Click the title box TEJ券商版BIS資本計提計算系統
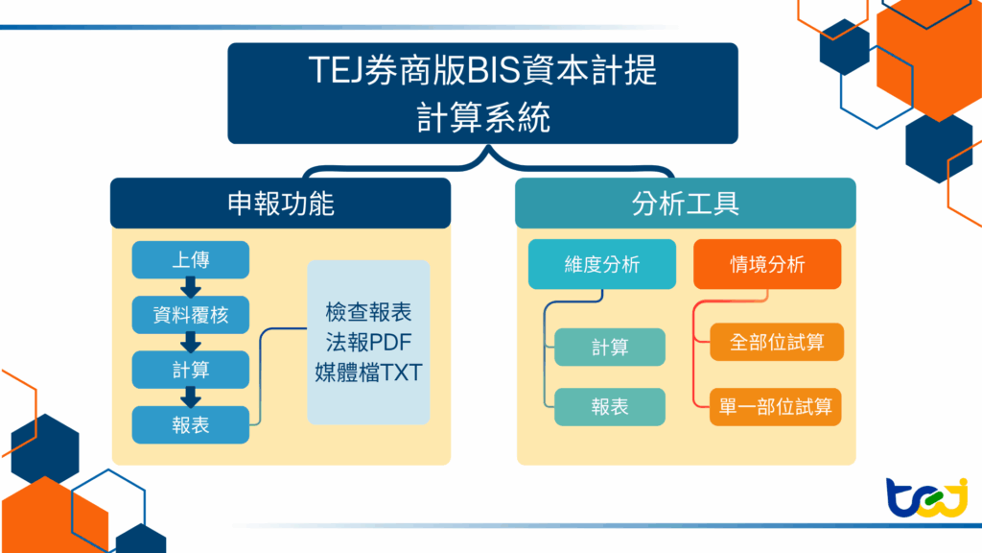[x=482, y=93]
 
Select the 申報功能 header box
[x=280, y=203]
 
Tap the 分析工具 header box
[x=685, y=203]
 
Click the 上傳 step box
[x=191, y=260]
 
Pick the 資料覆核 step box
[x=191, y=314]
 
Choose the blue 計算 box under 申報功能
[x=191, y=370]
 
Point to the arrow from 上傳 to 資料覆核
[x=191, y=287]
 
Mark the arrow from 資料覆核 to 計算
[x=191, y=342]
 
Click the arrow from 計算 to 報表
[x=191, y=397]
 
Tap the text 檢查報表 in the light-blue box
[x=368, y=313]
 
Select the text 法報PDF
[x=368, y=343]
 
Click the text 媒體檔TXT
[x=368, y=373]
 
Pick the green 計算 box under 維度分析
[x=610, y=348]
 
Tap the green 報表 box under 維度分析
[x=610, y=407]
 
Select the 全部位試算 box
[x=777, y=343]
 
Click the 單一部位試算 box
[x=777, y=407]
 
